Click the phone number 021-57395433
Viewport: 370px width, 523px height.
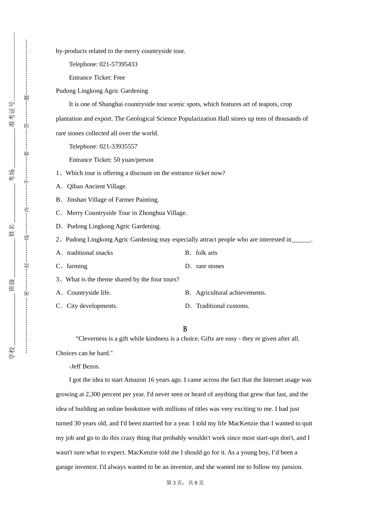coord(118,64)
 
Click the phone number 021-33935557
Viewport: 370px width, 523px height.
coord(118,146)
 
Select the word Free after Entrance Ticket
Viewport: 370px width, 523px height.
coord(119,77)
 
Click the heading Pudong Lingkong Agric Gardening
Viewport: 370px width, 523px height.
coord(102,91)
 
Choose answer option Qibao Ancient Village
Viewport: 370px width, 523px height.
coord(97,186)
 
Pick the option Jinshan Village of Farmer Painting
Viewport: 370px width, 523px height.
coord(113,200)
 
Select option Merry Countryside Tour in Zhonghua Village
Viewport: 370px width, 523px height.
coord(127,213)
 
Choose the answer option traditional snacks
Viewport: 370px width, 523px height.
coord(90,253)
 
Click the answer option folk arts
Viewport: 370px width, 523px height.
coord(206,253)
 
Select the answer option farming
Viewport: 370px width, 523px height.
coord(77,266)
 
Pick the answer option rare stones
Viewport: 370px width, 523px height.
coord(210,266)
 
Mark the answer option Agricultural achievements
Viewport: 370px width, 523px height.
coord(231,293)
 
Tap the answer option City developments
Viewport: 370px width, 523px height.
coord(92,306)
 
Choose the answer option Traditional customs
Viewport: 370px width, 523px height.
coord(222,306)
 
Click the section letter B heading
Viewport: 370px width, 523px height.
coord(185,329)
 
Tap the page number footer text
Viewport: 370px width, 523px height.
coord(185,483)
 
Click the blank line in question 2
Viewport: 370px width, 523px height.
coord(301,240)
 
